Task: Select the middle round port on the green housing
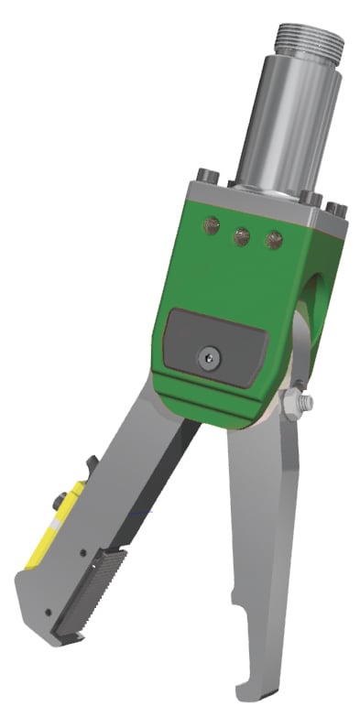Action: point(242,237)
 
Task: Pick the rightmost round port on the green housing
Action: point(272,241)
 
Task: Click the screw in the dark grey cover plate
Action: point(211,358)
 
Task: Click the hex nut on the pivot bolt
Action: point(293,403)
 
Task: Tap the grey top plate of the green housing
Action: point(266,204)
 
